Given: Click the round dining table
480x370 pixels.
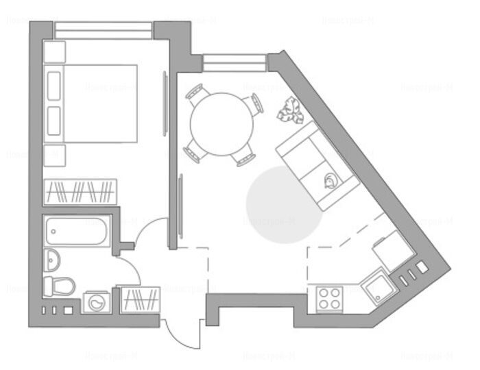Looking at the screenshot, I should tap(221, 124).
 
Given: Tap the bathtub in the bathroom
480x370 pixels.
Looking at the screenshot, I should tap(76, 233).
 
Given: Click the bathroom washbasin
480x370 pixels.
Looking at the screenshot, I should tap(53, 258).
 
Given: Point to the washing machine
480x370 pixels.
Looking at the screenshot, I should tap(97, 301).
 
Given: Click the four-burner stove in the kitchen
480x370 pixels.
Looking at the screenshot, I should tap(330, 299).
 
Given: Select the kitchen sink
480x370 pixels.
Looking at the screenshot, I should tap(376, 288).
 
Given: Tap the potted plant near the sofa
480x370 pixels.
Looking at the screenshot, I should tap(291, 110).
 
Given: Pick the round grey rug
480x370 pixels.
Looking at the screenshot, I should tap(284, 205).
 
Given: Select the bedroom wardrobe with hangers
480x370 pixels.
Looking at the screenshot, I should tap(80, 191).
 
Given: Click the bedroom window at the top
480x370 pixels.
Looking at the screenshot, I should tap(103, 31).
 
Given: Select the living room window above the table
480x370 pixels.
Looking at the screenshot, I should tap(234, 63).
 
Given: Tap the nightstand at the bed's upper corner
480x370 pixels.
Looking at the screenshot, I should tap(54, 52).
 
